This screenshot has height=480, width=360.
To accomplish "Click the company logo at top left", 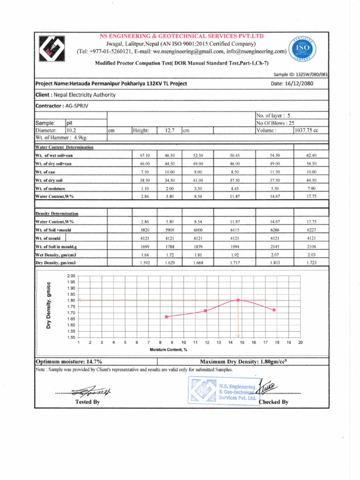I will [51, 50].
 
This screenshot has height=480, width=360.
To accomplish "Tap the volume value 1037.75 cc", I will [306, 130].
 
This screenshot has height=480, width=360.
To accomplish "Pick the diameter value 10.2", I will [72, 130].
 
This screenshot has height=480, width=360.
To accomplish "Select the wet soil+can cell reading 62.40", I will [311, 155].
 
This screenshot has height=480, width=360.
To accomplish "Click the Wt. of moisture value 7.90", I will [311, 187].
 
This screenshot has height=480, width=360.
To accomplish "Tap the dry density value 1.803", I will [274, 263].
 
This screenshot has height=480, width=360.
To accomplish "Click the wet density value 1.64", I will [145, 255].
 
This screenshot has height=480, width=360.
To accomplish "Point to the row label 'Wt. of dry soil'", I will [49, 180].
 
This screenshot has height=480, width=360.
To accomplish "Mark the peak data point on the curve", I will [238, 300].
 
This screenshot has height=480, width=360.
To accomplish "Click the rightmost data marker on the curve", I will [274, 310].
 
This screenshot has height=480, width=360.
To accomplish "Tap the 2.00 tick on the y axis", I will [71, 276].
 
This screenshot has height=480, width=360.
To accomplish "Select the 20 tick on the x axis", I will [300, 343].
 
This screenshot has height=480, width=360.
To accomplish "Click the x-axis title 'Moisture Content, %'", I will [168, 350].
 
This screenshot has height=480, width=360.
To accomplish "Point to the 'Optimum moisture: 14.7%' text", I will [70, 361].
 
